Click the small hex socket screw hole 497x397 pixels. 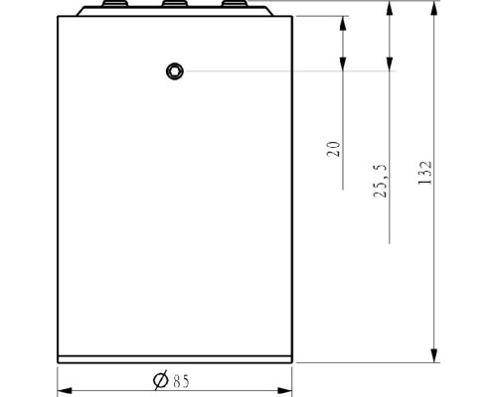click(175, 69)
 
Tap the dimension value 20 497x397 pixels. click(334, 149)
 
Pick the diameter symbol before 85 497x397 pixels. click(160, 379)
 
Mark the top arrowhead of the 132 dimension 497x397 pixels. click(434, 10)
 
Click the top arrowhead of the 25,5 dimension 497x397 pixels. click(389, 10)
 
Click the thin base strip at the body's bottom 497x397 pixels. click(174, 358)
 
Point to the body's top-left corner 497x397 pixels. click(59, 18)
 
